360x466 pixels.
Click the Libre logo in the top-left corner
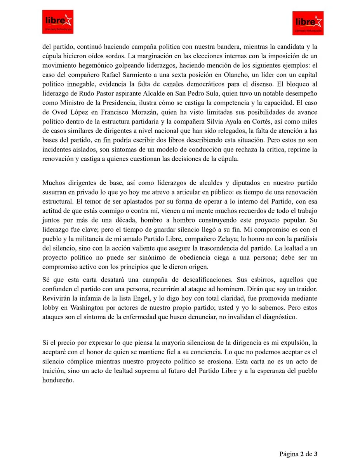coord(58,21)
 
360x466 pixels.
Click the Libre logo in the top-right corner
coord(308,23)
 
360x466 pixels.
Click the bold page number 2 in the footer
coord(301,454)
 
